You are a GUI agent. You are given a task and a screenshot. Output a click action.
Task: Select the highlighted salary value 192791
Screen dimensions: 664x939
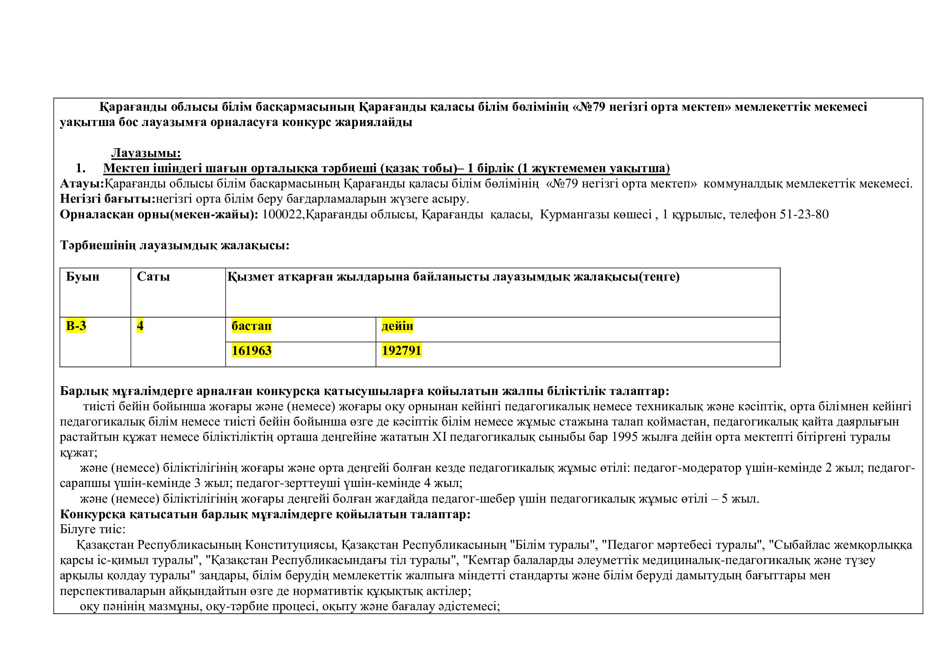point(401,351)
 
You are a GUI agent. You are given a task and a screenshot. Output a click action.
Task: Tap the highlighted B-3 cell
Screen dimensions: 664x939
point(76,326)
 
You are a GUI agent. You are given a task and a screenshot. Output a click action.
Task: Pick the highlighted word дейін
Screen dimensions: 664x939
point(397,326)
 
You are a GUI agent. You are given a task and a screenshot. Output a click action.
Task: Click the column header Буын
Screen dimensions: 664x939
point(83,277)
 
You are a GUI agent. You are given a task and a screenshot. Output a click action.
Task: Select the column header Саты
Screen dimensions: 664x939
point(153,277)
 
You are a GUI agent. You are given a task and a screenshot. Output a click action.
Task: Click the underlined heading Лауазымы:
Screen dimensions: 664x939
point(146,153)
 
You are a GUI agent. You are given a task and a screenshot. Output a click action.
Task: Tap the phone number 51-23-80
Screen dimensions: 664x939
point(804,215)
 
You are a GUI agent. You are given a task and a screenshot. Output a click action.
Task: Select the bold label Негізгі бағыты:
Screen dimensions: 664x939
point(108,199)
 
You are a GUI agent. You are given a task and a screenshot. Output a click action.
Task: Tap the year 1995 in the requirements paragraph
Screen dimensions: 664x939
point(625,437)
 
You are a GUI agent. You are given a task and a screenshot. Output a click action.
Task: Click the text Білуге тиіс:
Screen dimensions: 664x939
point(92,530)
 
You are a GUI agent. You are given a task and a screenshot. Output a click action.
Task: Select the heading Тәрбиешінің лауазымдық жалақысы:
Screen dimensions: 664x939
point(175,245)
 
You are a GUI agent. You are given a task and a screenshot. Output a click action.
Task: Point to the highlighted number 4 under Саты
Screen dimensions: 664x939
point(140,326)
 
